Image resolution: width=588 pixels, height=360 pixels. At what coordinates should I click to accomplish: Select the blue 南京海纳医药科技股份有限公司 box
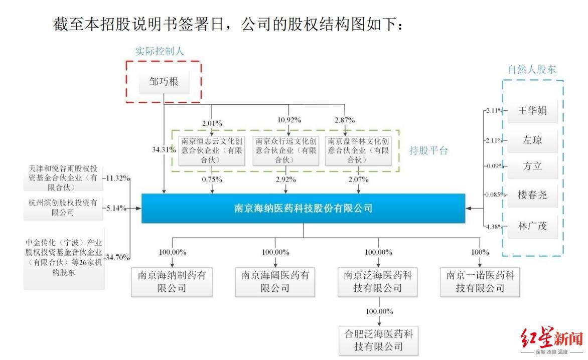pos(303,208)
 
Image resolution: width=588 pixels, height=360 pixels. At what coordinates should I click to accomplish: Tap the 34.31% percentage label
pos(164,149)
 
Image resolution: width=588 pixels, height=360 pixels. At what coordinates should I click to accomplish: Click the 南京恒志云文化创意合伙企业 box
pos(212,150)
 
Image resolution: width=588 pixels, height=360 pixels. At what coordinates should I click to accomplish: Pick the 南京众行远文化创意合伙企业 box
pos(286,150)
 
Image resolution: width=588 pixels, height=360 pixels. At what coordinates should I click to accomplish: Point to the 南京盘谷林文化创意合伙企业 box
pos(358,150)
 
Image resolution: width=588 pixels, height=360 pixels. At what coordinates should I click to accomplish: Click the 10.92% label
pos(288,120)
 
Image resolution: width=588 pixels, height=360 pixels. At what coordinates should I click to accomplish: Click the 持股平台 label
pos(427,151)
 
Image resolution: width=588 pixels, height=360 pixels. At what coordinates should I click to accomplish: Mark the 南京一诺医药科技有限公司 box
pos(480,282)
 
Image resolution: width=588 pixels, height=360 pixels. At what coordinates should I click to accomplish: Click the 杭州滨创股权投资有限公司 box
pos(64,208)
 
